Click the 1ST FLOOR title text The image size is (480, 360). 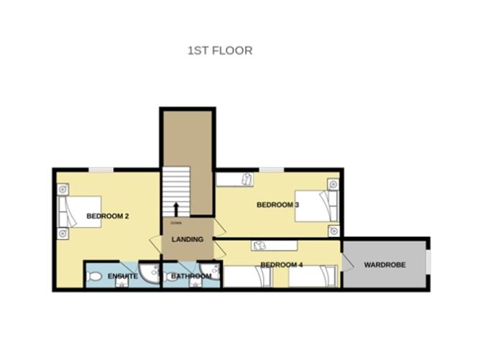[219, 51]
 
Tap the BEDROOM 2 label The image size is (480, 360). [107, 216]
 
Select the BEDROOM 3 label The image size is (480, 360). [277, 206]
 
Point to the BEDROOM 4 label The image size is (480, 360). [281, 265]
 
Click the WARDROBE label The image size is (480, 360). [384, 265]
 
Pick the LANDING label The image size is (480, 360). [188, 239]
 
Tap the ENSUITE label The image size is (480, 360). [123, 276]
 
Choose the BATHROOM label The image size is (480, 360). [191, 276]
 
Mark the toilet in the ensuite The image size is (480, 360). [96, 276]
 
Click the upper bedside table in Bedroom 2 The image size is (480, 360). [64, 190]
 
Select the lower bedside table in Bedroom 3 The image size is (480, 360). [333, 231]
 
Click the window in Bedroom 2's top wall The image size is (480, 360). [101, 170]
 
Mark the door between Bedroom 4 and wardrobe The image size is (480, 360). [345, 263]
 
